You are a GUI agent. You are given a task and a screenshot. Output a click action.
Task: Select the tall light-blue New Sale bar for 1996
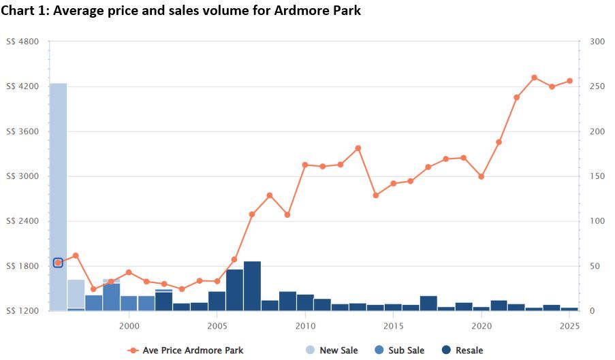click(58, 197)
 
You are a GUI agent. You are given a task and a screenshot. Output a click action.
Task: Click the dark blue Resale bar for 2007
click(252, 286)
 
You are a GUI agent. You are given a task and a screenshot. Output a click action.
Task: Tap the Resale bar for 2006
click(234, 290)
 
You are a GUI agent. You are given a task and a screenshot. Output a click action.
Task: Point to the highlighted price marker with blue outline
click(58, 263)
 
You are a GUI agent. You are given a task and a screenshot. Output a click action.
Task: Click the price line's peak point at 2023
click(534, 78)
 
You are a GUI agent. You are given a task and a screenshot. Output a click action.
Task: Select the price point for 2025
click(569, 81)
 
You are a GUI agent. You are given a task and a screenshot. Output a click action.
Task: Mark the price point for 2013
click(358, 148)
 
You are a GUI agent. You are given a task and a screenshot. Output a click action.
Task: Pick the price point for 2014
click(376, 195)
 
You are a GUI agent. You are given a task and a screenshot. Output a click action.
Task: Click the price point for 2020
click(482, 176)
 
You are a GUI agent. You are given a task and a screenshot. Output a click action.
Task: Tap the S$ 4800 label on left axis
click(22, 42)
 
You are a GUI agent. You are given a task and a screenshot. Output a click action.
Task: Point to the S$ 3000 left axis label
click(22, 176)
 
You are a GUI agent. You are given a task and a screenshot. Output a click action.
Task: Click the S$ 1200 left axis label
click(22, 311)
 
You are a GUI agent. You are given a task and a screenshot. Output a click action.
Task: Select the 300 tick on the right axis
click(597, 42)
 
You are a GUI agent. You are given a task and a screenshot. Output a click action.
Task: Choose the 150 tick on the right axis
click(597, 176)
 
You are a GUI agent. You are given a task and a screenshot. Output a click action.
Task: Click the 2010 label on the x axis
click(305, 327)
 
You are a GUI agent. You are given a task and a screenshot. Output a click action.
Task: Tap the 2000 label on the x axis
click(129, 327)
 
